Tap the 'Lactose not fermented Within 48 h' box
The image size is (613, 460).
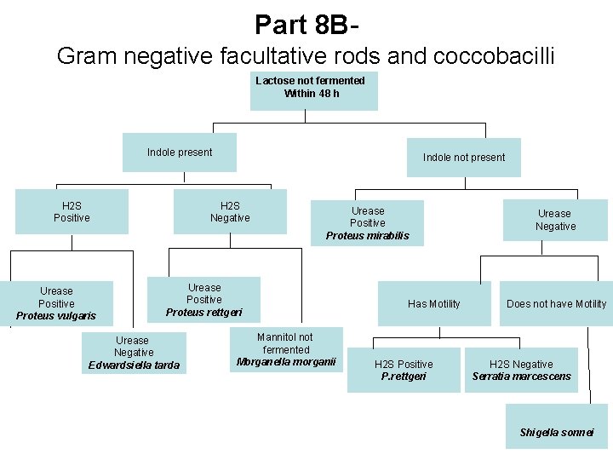[313, 88]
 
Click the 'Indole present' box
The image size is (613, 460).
[179, 152]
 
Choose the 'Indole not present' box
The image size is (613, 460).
[463, 158]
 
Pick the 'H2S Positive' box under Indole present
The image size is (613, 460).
[72, 211]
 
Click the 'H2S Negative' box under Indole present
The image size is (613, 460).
[230, 211]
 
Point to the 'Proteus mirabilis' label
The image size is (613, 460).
[367, 236]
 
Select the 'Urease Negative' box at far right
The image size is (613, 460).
[555, 220]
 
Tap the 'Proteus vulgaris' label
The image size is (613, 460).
[56, 316]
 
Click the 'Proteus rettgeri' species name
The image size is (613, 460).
[203, 313]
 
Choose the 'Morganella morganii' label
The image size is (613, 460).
[287, 362]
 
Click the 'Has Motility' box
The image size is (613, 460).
[433, 304]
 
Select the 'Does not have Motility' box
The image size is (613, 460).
[556, 304]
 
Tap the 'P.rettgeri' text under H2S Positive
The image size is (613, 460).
[404, 377]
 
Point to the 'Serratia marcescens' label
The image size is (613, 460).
[521, 377]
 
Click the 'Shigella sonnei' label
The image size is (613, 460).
[557, 433]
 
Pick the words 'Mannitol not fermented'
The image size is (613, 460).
[287, 343]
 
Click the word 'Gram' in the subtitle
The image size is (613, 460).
[86, 56]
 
